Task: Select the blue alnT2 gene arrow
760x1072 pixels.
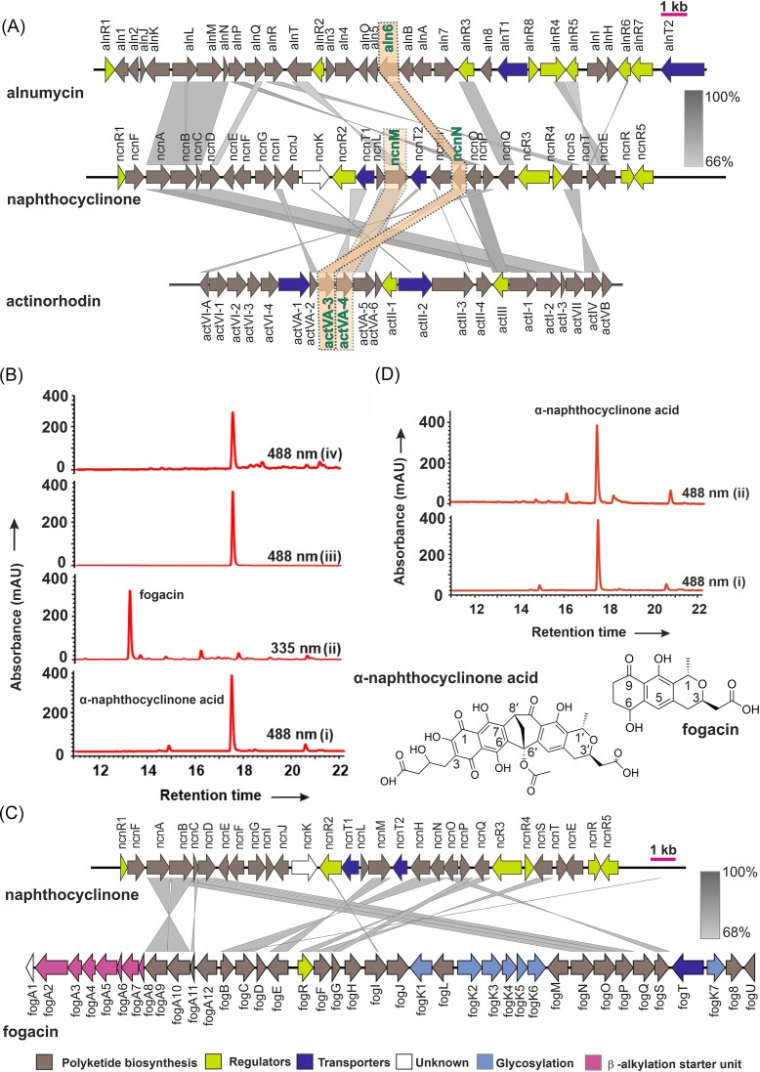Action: [683, 68]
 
